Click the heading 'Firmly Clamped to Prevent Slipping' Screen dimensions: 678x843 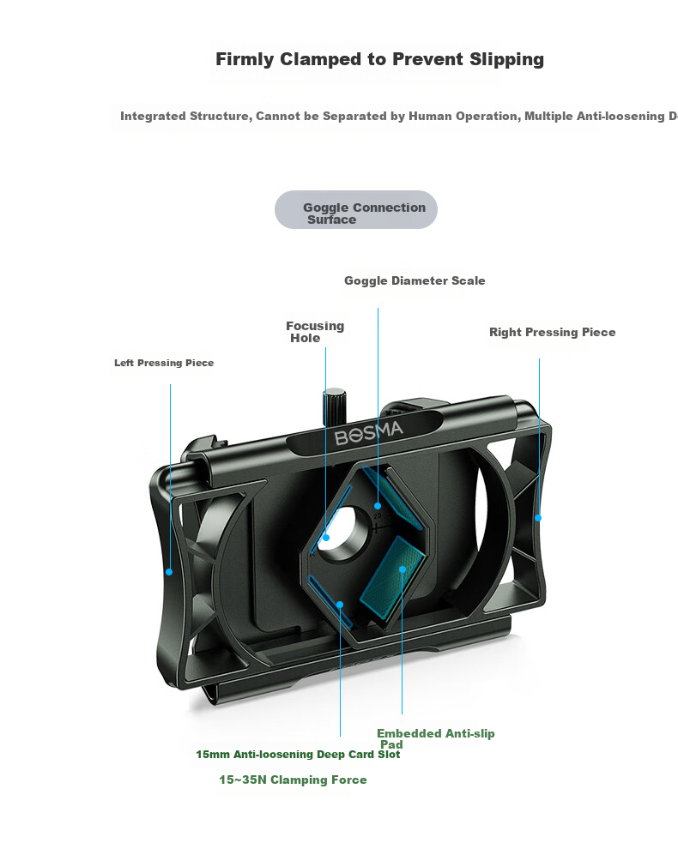[x=379, y=59]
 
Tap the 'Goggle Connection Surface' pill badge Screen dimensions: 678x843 [x=355, y=209]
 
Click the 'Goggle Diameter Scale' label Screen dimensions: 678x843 [x=415, y=280]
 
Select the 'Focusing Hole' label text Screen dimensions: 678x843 [x=315, y=332]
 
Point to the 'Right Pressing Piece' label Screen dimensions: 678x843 [x=552, y=332]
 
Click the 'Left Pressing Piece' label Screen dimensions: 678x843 [x=164, y=363]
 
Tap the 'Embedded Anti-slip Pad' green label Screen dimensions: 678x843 [x=435, y=738]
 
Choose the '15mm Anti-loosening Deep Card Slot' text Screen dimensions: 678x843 [x=298, y=755]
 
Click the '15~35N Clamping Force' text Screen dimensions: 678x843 [x=293, y=780]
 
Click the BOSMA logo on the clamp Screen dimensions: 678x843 [x=368, y=433]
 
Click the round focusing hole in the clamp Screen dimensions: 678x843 [x=344, y=533]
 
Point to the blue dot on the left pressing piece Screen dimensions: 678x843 [x=169, y=571]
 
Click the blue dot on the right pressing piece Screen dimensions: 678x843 [x=538, y=517]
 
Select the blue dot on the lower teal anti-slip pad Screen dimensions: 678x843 [x=402, y=569]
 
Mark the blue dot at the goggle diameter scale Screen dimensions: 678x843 [x=378, y=505]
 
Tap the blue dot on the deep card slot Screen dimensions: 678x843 [x=340, y=605]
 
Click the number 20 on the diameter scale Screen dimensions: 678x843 [x=378, y=516]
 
